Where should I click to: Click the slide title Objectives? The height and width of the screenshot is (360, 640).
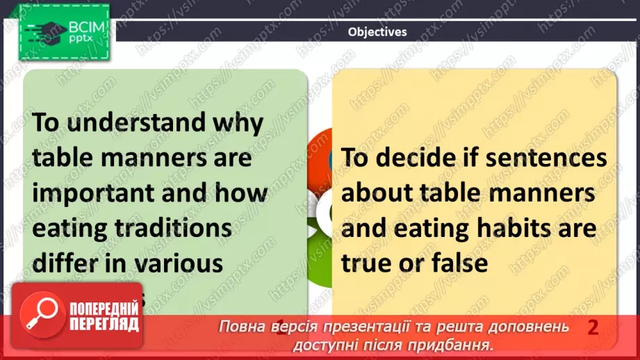(x=377, y=31)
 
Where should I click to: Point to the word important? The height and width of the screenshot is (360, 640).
(x=94, y=193)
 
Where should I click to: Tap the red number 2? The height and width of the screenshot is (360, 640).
(x=593, y=327)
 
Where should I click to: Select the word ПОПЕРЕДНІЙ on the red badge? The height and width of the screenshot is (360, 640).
(x=104, y=311)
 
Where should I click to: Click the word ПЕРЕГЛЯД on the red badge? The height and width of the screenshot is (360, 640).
(x=104, y=325)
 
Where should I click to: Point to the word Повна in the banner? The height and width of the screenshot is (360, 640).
(x=241, y=327)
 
